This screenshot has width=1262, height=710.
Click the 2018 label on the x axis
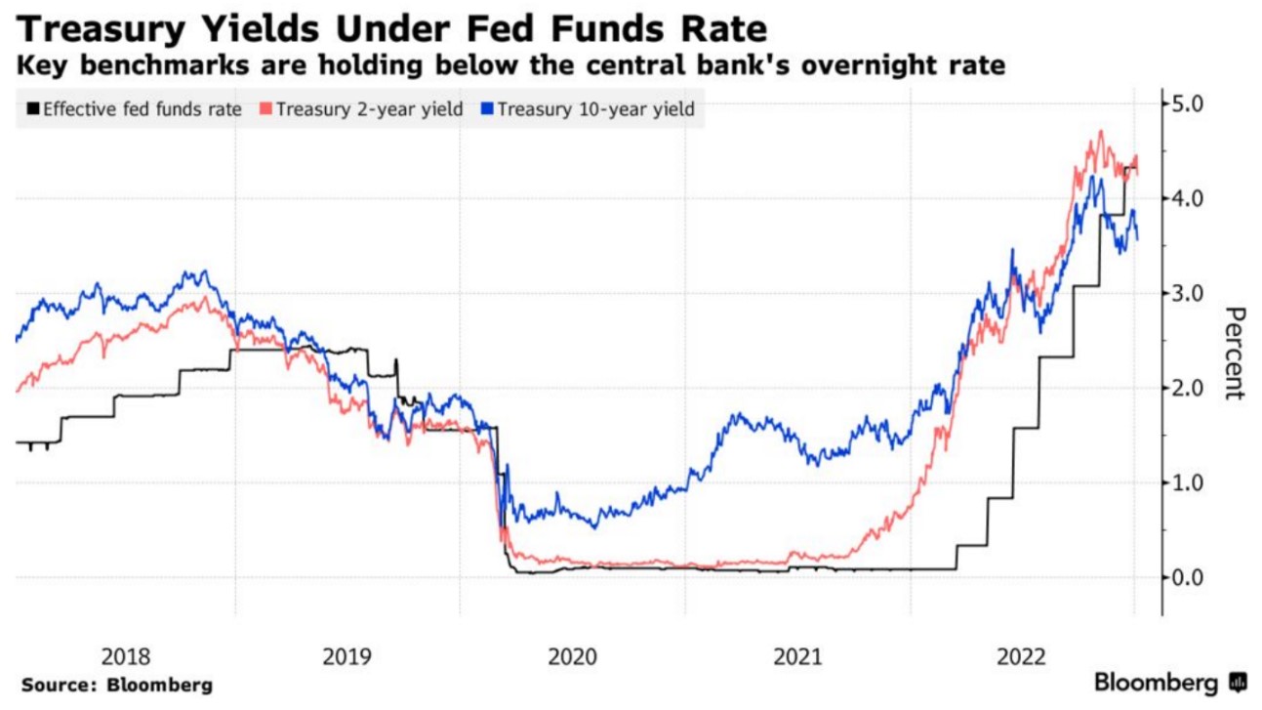(x=124, y=655)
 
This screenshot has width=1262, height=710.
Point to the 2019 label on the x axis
(x=348, y=655)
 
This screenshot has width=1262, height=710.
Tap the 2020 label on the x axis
(x=573, y=655)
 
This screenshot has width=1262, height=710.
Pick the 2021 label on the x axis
(x=797, y=655)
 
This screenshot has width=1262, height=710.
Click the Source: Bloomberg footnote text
(x=116, y=686)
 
